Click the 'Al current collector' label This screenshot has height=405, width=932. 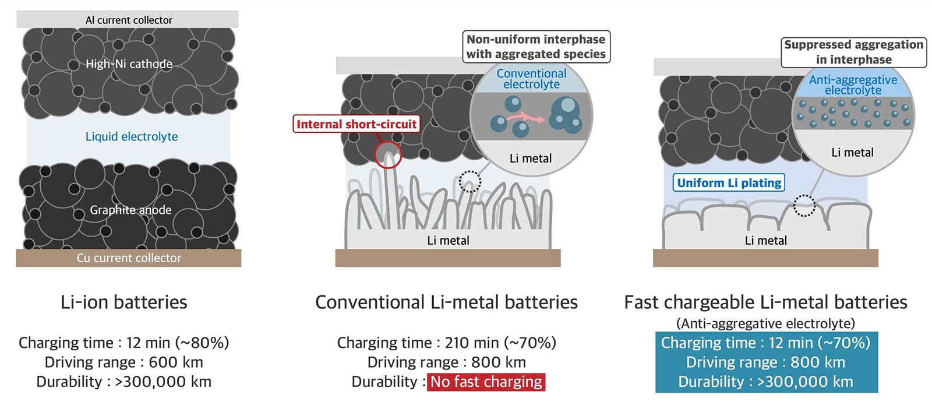tap(129, 20)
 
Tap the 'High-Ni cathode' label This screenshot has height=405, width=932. tap(129, 64)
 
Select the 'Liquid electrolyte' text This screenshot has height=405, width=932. tap(132, 136)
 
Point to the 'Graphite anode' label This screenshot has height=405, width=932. tap(130, 210)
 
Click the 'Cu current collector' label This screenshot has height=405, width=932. tap(129, 258)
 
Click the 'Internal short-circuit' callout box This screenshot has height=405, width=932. tap(356, 124)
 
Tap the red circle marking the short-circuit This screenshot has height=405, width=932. tap(387, 154)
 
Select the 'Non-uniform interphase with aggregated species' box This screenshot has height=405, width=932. tap(536, 47)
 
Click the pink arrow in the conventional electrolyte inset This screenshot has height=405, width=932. tap(526, 118)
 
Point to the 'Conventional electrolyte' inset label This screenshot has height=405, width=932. tap(531, 79)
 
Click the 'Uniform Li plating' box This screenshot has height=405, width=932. tap(729, 183)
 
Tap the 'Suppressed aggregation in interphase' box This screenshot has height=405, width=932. tap(853, 52)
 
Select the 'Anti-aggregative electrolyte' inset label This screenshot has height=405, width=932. tap(853, 84)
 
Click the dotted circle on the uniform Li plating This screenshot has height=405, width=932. tap(804, 206)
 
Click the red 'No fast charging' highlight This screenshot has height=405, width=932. tap(486, 382)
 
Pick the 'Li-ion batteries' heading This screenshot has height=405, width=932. tap(124, 302)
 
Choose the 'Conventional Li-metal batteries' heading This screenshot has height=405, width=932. tap(446, 302)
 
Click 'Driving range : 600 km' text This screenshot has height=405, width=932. tap(124, 362)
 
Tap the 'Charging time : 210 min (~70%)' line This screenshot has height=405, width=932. tap(446, 343)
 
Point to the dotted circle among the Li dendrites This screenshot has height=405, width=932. tap(470, 181)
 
